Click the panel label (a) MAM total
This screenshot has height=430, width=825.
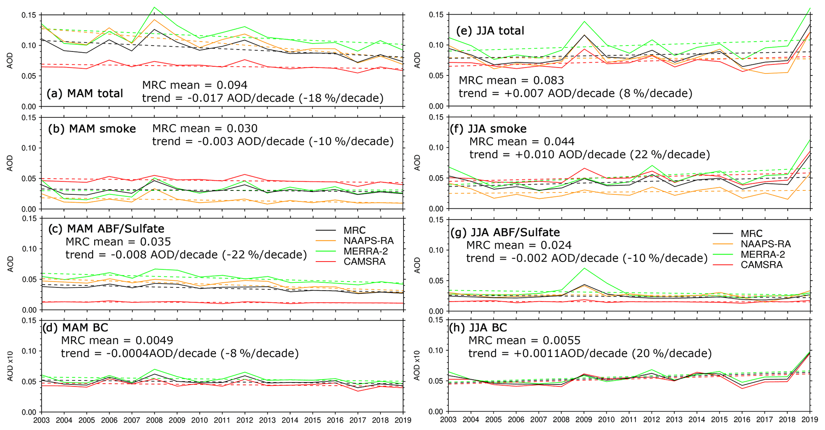(85, 93)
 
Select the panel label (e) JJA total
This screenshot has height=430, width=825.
(490, 31)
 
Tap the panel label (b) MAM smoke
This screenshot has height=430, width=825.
(92, 129)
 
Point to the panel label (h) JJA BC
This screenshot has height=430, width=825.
(478, 328)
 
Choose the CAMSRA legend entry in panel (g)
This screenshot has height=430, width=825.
(762, 265)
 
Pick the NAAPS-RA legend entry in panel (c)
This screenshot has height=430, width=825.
(368, 241)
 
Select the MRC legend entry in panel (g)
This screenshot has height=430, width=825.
(752, 234)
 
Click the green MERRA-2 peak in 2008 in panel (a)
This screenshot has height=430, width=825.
(154, 7)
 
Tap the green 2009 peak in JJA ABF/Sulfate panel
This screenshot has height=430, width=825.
(584, 268)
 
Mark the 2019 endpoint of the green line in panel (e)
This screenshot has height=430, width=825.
(810, 8)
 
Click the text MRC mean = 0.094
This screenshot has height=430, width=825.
(195, 85)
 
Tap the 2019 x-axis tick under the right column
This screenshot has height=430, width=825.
(810, 420)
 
